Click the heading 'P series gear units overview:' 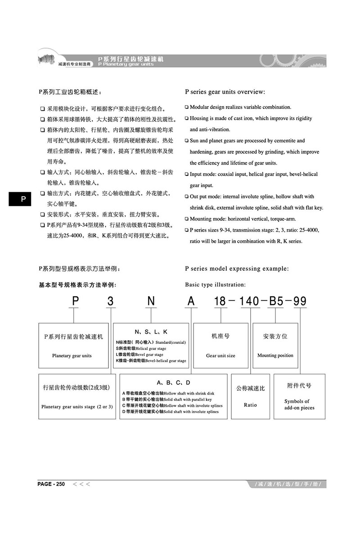[225, 92]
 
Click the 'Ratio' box [250, 396]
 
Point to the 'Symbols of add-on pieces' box [299, 396]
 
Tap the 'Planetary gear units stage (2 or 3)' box [77, 396]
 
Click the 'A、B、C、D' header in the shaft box [174, 383]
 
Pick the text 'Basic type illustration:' [216, 284]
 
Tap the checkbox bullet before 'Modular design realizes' [187, 108]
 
